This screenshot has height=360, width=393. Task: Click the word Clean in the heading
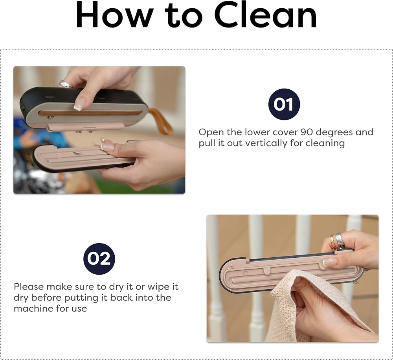265,15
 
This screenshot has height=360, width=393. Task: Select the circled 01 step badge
284,104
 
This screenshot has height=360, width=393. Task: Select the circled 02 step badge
99,258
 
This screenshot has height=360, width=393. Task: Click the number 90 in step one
307,132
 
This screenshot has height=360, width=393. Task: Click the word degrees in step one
334,133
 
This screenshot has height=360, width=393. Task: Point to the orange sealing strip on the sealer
89,113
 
